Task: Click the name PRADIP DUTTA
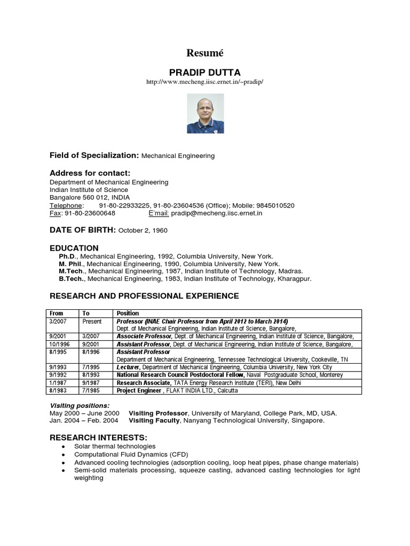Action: tap(205, 72)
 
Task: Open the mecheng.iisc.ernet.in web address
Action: tap(205, 82)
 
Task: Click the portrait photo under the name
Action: tap(205, 114)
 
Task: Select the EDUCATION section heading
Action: tap(74, 248)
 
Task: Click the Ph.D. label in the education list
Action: tap(68, 256)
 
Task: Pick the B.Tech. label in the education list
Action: tap(72, 278)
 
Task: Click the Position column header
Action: tap(128, 314)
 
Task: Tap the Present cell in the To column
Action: tap(92, 322)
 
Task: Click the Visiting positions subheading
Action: tap(80, 405)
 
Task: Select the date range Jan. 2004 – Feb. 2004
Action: tap(84, 421)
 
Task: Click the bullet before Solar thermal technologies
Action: tap(64, 446)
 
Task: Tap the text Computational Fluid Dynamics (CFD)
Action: tap(128, 454)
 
